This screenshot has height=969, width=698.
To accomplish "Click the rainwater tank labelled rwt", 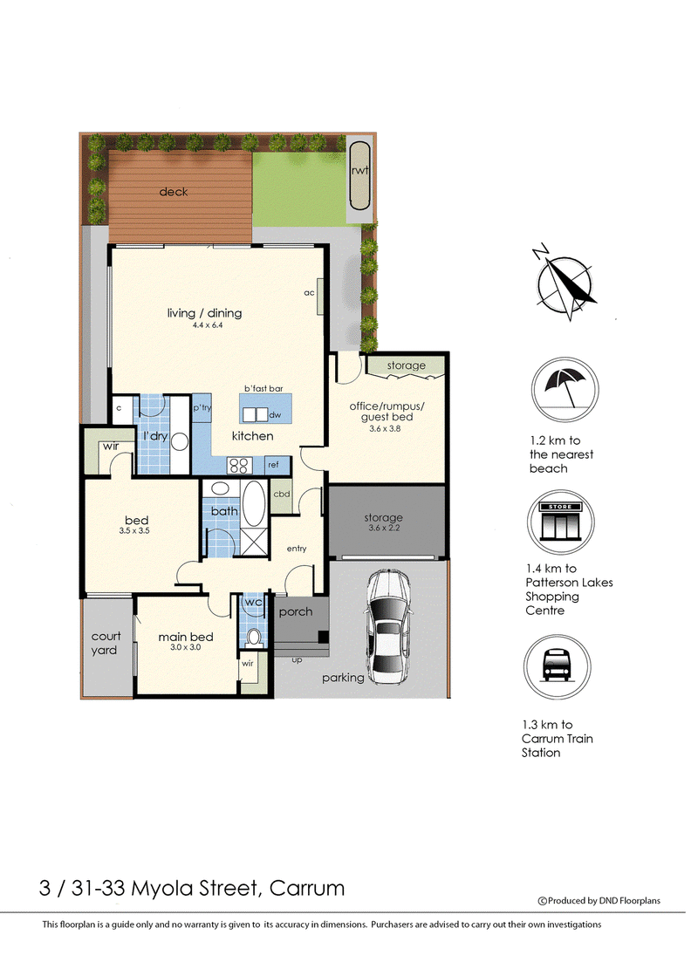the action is (x=359, y=176).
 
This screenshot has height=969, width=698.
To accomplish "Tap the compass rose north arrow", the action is (x=564, y=283).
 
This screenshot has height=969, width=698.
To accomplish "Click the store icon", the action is (x=560, y=522).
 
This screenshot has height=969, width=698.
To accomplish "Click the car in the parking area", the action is (x=387, y=625).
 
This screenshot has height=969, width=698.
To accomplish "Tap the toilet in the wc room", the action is (x=254, y=638).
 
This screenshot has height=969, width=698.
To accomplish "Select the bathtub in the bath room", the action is (x=254, y=503).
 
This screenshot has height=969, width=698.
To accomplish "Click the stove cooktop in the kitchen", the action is (x=238, y=466).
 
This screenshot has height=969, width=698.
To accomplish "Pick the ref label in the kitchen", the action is (x=273, y=464).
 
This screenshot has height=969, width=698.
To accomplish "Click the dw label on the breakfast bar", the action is (x=275, y=414).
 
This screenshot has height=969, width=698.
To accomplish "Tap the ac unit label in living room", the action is (x=309, y=292).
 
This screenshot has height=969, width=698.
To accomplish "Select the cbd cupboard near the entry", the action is (x=281, y=495).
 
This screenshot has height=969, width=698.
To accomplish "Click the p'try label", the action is (x=202, y=408).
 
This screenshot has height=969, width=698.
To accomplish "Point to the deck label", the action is (x=174, y=192).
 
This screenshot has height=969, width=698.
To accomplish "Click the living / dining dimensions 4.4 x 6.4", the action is (x=207, y=325).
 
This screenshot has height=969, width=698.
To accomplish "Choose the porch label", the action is (x=296, y=611).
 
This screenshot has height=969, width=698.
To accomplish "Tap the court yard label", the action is (x=105, y=643).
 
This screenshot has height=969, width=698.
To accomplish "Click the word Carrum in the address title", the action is (x=307, y=888).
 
